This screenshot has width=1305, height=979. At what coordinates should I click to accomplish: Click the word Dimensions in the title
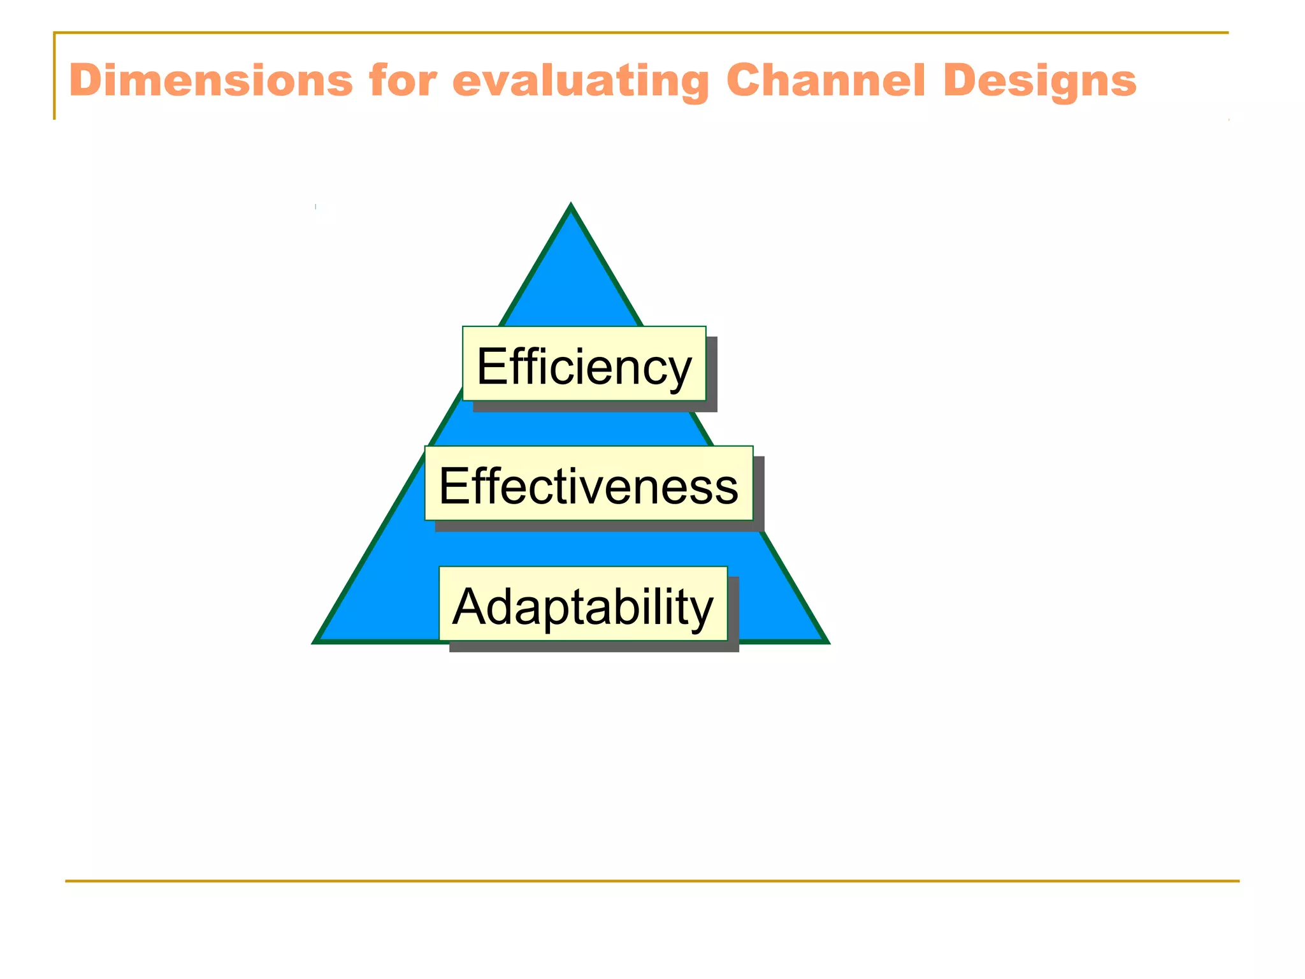[210, 81]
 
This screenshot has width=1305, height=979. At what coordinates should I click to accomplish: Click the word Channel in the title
[825, 81]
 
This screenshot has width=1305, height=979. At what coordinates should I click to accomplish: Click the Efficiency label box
[584, 364]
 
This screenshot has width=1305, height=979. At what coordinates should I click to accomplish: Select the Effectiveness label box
[588, 483]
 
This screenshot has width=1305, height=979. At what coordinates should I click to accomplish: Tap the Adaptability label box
[582, 604]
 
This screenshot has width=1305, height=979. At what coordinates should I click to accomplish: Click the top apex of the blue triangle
[571, 208]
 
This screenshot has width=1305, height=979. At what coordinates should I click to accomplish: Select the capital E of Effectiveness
[452, 486]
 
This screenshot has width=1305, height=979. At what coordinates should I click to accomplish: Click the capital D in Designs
[960, 81]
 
